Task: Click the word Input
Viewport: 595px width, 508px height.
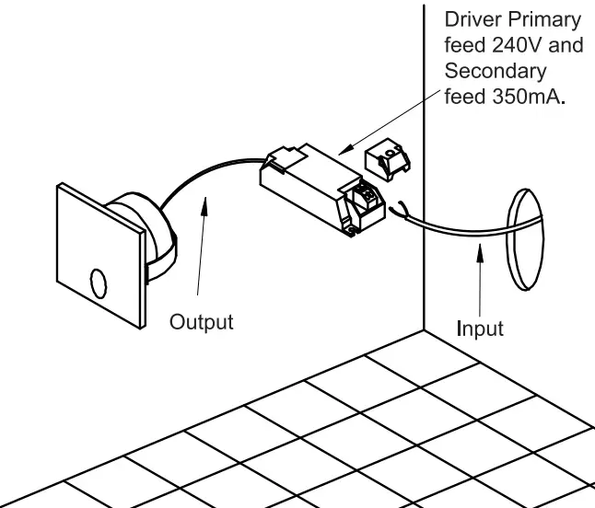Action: point(480,329)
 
